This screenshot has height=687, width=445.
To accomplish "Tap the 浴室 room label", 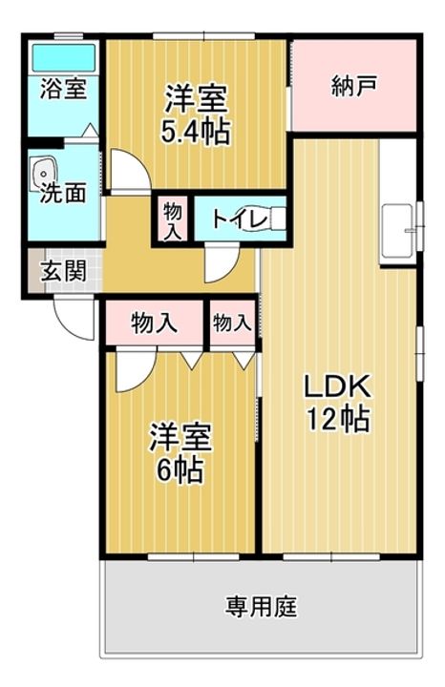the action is point(63,89).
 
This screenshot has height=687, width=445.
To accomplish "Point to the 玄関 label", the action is point(63,271).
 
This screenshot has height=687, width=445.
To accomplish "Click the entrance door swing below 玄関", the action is point(74,318).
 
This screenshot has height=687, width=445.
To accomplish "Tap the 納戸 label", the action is point(354,85).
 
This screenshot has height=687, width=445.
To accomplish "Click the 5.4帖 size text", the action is point(196,132).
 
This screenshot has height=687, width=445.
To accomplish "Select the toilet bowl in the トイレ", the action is point(274,218).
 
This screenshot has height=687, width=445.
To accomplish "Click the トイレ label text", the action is point(239,219).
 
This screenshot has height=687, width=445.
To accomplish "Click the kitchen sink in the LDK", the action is point(397,231).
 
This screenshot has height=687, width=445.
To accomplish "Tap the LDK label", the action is point(338,385).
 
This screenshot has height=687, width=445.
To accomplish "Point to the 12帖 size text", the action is point(338,419).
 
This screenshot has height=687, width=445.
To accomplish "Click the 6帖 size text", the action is point(180,470).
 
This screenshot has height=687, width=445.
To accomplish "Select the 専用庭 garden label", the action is point(262,607).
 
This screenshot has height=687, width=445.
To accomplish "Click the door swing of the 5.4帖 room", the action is point(130,171).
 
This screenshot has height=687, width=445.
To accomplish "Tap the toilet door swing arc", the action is point(222,263).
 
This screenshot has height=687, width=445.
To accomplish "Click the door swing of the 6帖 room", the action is point(136,369).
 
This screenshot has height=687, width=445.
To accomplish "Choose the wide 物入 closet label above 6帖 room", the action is point(155,323).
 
